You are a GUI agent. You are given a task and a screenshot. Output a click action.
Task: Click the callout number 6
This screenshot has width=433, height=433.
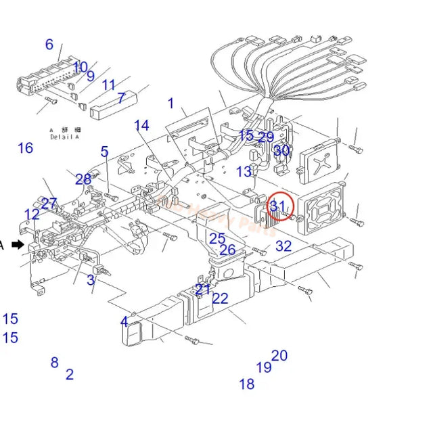(49, 45)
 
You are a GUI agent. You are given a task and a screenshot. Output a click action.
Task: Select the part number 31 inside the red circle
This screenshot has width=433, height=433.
(278, 206)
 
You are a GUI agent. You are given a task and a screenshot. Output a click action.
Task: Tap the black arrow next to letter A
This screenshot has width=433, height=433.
(18, 245)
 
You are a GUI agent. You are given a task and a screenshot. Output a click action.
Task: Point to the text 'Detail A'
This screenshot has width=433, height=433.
(64, 137)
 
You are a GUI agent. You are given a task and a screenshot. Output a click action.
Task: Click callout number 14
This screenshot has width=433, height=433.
(141, 125)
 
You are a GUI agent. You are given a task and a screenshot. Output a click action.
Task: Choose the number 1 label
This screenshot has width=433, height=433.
(171, 104)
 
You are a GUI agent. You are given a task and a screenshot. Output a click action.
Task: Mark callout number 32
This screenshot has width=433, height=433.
(283, 246)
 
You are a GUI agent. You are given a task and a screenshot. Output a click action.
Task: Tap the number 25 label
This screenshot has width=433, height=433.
(216, 239)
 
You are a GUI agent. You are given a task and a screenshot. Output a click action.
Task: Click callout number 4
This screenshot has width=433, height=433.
(124, 322)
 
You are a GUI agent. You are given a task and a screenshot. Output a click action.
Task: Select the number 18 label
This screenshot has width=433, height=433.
(247, 384)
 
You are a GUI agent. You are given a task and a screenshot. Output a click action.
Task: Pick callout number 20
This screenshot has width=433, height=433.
(279, 356)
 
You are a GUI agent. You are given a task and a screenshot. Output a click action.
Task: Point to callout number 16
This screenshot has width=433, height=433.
(25, 147)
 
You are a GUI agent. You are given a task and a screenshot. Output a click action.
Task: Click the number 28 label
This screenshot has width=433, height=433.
(83, 179)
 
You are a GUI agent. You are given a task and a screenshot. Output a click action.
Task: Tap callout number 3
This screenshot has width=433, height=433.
(91, 280)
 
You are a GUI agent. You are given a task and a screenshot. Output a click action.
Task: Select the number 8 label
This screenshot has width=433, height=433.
(54, 363)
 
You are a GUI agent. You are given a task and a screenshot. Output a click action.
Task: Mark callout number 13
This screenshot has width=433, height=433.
(244, 172)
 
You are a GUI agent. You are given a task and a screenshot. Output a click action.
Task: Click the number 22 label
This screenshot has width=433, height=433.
(221, 298)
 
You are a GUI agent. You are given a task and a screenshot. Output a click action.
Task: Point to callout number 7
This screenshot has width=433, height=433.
(121, 98)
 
